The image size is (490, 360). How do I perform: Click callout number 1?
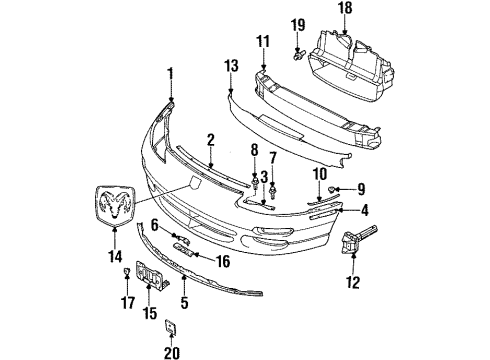pos(170,72)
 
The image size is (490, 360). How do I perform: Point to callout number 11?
pos(264,41)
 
